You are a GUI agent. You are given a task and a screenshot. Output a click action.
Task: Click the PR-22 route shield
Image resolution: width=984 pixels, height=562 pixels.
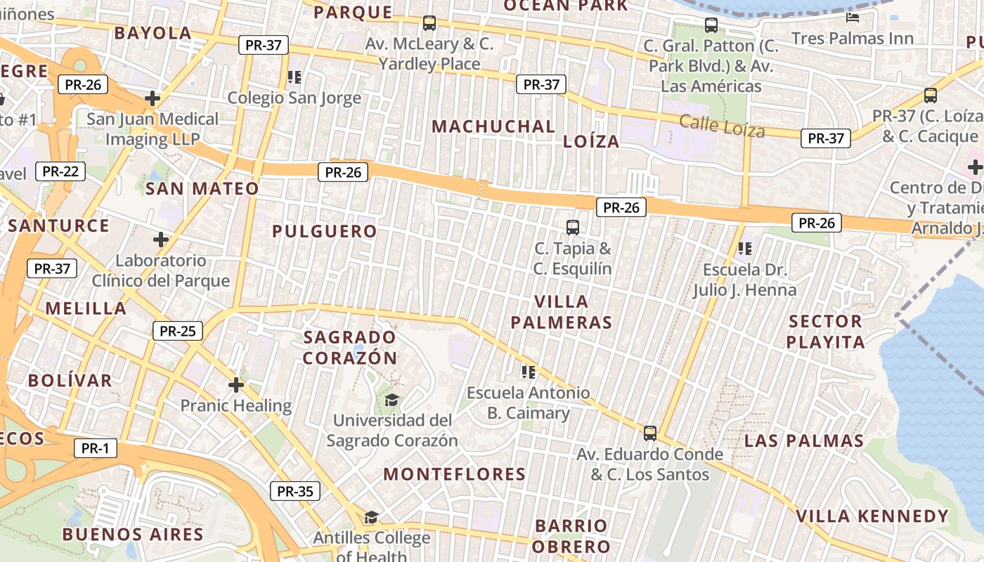tap(60, 171)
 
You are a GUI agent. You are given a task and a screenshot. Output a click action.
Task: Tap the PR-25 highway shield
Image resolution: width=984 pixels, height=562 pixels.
tap(177, 331)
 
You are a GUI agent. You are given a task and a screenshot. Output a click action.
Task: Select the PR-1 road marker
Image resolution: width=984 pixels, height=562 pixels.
tap(95, 448)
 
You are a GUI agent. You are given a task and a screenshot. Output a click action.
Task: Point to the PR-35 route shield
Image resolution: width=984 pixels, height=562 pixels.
tap(295, 491)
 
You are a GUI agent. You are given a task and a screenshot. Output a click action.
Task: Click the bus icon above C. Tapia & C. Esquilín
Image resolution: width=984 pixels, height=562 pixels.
tap(573, 227)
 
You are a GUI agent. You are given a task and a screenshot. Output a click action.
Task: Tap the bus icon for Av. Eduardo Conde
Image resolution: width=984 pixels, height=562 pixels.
tap(650, 433)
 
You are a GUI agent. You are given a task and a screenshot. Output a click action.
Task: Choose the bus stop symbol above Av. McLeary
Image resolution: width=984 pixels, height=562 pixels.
tap(429, 23)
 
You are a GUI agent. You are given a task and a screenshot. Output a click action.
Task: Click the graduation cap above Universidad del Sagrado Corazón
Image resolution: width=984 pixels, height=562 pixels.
tap(391, 400)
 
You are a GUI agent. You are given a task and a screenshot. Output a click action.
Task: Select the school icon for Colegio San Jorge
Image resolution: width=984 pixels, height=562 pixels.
tap(294, 77)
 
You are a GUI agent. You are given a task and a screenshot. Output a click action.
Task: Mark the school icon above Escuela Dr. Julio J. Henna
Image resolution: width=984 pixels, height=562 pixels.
tap(745, 248)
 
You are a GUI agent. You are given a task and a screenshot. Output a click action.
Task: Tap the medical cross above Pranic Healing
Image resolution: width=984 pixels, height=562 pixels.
tap(236, 385)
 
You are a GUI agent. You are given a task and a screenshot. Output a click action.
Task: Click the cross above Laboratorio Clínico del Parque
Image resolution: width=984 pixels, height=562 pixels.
tap(161, 240)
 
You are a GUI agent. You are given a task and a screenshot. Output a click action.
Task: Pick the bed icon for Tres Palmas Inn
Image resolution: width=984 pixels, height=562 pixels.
tap(853, 18)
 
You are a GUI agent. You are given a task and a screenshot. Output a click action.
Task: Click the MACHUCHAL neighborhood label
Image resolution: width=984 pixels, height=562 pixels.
tap(493, 126)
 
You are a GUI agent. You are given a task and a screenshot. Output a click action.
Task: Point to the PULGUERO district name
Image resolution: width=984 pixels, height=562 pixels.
tap(325, 231)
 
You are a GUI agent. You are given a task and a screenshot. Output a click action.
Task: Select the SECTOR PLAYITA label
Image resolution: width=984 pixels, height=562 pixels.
tap(825, 332)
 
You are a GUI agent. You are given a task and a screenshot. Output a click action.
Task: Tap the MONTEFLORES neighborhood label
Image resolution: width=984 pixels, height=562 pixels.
tap(454, 474)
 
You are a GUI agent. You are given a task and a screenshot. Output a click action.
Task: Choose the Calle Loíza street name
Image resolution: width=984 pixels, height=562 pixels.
tap(722, 126)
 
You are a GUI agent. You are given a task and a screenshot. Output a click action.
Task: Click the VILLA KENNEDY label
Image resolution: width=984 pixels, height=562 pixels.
tap(872, 516)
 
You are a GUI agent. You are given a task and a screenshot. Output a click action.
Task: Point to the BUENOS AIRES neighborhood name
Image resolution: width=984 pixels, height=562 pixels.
tap(133, 534)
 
